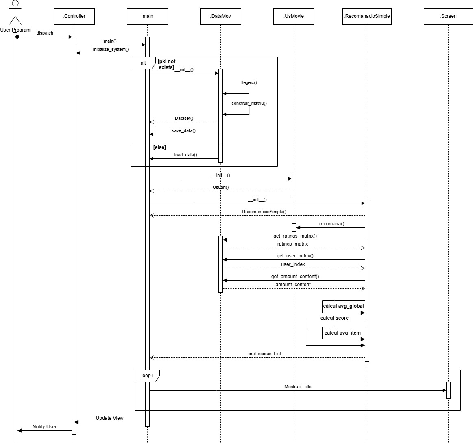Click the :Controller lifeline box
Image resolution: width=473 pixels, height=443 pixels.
pos(74,16)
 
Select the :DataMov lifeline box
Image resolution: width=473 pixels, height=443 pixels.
pos(220,16)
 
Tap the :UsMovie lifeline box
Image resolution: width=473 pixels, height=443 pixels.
pos(293,16)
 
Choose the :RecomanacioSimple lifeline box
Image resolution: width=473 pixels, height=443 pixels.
pos(367,16)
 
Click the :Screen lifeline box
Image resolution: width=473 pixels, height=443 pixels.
pos(448,16)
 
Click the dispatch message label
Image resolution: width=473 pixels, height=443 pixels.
pos(45,33)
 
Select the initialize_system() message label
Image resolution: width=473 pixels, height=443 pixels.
pos(111,49)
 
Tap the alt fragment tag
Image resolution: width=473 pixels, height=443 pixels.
pos(143,63)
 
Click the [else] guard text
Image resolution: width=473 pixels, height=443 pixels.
pos(159,147)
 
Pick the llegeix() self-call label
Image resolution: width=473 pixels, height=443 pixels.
pos(249,82)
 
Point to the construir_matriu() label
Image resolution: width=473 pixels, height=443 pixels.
pos(249,103)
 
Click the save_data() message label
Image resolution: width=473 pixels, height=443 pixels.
pos(183,130)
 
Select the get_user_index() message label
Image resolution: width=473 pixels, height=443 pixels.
pos(295,256)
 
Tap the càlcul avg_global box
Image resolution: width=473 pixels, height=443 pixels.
pos(343,306)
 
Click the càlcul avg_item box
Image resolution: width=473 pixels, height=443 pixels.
pos(342,333)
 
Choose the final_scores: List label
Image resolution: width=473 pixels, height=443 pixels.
pos(264,354)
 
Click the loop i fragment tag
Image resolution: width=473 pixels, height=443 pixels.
pos(147,376)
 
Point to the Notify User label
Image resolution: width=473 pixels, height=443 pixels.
pos(44,427)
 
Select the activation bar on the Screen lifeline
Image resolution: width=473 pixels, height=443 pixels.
pos(448,390)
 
